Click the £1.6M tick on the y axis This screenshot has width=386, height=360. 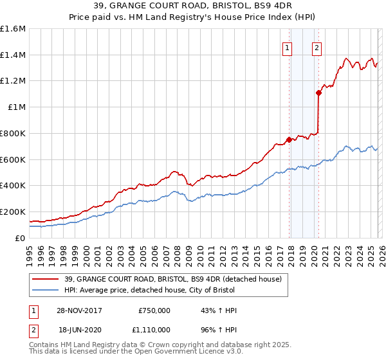(13, 29)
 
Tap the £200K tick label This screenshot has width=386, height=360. (13, 212)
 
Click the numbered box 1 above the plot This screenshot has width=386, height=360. (286, 46)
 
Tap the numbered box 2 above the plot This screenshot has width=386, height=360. (317, 46)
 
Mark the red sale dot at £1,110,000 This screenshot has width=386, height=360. (318, 93)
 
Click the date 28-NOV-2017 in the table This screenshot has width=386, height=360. (79, 310)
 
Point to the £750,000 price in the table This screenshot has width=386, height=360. (154, 310)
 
